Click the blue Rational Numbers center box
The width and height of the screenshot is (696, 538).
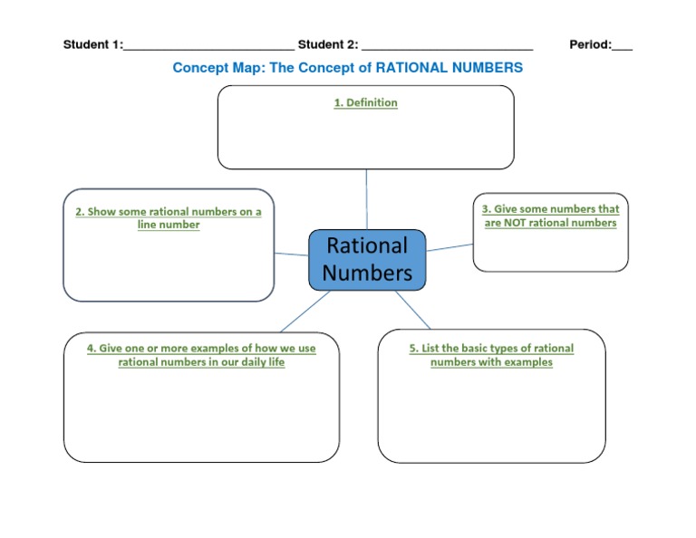(x=366, y=259)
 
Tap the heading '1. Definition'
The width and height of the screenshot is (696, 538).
(x=365, y=103)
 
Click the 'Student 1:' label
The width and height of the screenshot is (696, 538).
(x=92, y=44)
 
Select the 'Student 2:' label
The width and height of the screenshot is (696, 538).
(x=327, y=44)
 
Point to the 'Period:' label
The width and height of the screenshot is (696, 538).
(x=590, y=44)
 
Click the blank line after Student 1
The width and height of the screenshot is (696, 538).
(x=208, y=47)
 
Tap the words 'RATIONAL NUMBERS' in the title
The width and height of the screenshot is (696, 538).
(x=449, y=68)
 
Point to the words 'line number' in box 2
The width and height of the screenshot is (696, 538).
(x=169, y=225)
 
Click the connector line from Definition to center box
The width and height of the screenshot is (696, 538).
(x=366, y=199)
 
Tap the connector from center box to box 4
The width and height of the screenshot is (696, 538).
(x=304, y=312)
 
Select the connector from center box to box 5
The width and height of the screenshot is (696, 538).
(x=413, y=311)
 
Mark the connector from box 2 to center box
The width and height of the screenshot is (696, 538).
(x=291, y=255)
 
